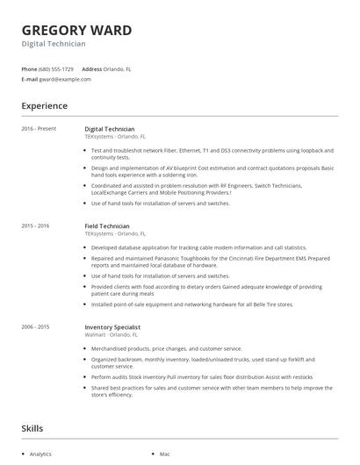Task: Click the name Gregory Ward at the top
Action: coord(76,31)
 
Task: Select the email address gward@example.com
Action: coord(64,79)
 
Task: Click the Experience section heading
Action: coord(44,106)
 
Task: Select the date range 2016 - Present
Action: coord(39,129)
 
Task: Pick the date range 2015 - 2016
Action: coord(35,226)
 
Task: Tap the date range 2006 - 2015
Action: coord(35,326)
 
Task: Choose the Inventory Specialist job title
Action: coord(112,326)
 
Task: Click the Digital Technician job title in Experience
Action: coord(110,129)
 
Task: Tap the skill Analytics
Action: coord(40,454)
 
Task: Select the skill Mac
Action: coord(164,454)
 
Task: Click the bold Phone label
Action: coord(29,68)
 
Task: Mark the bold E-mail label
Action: coord(29,79)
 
